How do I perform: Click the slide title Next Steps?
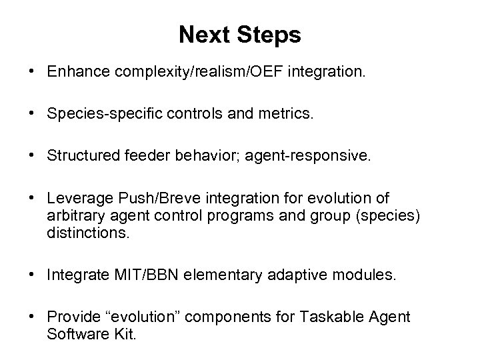[239, 35]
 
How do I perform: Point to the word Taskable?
[323, 318]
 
